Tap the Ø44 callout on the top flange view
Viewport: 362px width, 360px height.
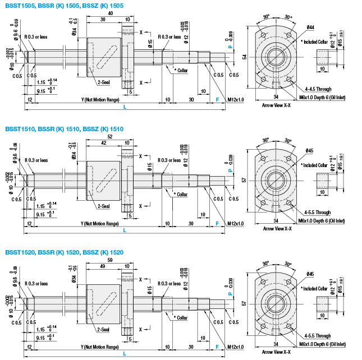(x=311, y=27)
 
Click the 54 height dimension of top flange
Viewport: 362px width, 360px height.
(x=245, y=57)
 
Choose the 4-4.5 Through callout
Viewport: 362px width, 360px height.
(x=318, y=89)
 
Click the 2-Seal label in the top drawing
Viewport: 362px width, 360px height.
(x=103, y=82)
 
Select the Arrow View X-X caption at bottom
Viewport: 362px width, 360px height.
(x=277, y=352)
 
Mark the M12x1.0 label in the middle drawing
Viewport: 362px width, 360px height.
(x=236, y=223)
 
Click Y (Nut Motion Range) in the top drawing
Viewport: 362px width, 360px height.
(x=99, y=100)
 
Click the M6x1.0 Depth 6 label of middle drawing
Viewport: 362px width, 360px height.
(x=323, y=221)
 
